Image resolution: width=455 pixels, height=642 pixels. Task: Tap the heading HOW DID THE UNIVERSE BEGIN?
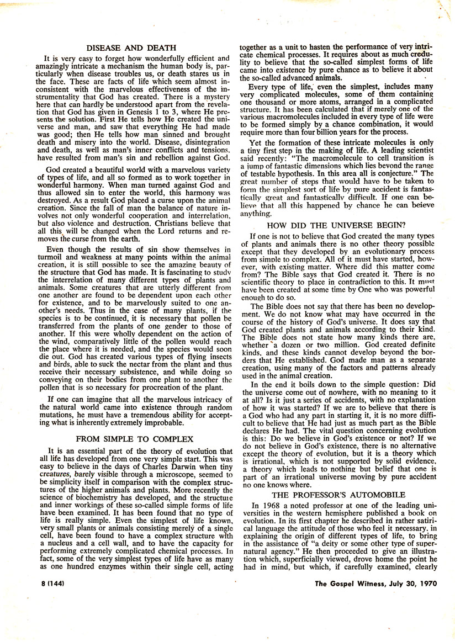[x=344, y=225]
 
